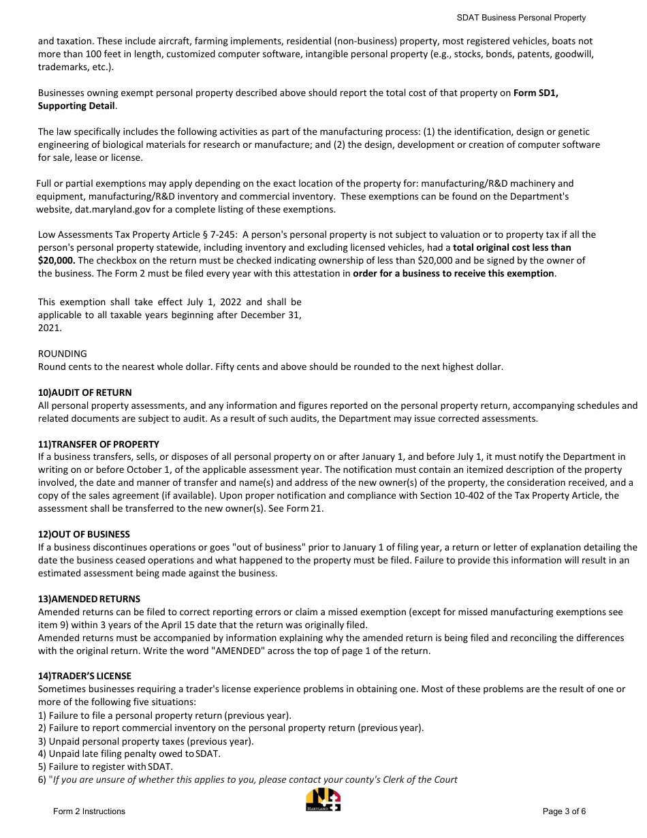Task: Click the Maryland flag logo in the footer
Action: click(323, 800)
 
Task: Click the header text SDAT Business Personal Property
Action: click(521, 18)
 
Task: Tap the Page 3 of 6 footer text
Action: click(564, 811)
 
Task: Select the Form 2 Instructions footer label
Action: click(89, 811)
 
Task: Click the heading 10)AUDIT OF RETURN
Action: click(85, 392)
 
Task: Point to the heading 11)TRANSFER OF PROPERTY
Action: click(99, 444)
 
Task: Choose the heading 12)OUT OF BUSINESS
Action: click(84, 534)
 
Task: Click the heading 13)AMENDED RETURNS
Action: click(89, 599)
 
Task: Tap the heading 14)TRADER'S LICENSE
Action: click(85, 676)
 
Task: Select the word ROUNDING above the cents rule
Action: click(63, 354)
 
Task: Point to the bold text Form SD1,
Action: click(536, 93)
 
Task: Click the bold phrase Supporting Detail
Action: click(76, 106)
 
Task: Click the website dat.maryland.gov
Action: click(114, 209)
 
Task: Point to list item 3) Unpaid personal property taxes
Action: click(146, 741)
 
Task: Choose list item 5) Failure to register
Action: click(106, 766)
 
